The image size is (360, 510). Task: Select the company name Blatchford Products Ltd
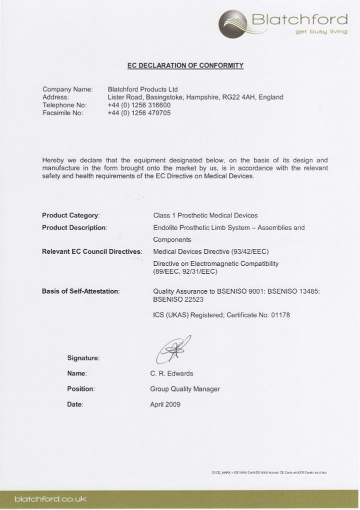143,89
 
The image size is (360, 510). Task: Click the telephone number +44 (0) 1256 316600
139,105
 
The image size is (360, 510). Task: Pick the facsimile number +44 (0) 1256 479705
139,113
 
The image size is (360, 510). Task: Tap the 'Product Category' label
70,215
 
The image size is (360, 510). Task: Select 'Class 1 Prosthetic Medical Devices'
205,215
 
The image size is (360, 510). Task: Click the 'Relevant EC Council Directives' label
92,251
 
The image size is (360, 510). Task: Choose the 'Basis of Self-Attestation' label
80,291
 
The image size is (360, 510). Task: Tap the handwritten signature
173,349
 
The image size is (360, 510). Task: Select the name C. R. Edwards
171,373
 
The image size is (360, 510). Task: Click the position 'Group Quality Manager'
185,389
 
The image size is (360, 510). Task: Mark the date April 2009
165,404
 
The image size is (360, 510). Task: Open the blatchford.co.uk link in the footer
50,499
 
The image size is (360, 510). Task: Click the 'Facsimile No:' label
63,113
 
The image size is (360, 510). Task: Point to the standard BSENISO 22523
178,299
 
